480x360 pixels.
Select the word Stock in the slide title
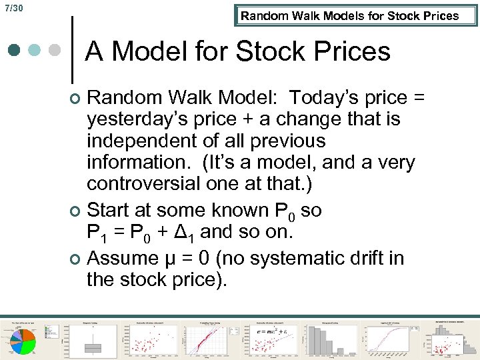pyautogui.click(x=280, y=51)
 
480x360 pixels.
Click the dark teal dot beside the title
pyautogui.click(x=14, y=50)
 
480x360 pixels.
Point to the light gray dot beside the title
pyautogui.click(x=56, y=50)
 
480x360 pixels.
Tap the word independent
pyautogui.click(x=143, y=141)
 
